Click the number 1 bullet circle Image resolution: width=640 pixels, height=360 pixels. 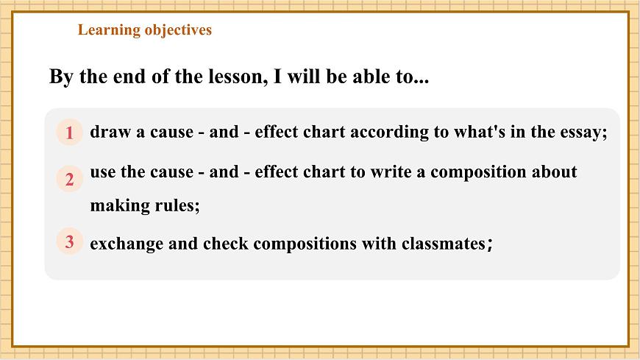69,133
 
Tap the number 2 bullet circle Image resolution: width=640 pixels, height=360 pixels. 69,179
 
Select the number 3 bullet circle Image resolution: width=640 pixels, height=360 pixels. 69,241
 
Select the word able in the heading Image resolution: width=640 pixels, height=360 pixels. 363,77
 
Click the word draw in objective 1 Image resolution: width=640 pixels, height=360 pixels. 109,133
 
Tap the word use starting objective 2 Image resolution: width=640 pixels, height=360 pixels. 102,172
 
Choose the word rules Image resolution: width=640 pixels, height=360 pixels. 177,206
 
